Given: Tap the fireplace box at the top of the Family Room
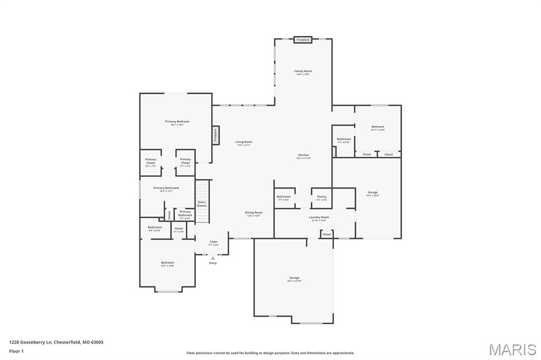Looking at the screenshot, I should (x=303, y=40).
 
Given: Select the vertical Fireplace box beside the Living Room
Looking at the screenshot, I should (x=216, y=135).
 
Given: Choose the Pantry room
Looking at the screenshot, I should (x=321, y=197).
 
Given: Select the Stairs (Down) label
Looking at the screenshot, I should (x=202, y=204).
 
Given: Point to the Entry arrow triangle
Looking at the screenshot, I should (x=213, y=258).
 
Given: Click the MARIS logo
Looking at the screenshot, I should (x=512, y=349).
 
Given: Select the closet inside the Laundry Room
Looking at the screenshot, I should (x=327, y=234).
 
